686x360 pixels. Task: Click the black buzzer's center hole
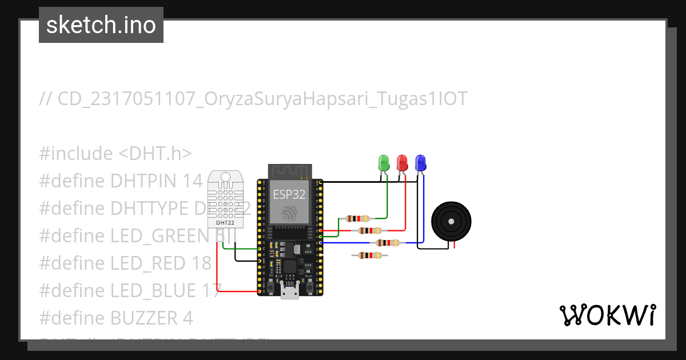click(x=452, y=221)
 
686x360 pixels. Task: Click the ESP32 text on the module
click(x=289, y=194)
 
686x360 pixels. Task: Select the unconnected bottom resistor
click(x=371, y=255)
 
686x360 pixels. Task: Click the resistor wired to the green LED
click(x=358, y=218)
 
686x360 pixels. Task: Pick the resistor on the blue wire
click(x=388, y=243)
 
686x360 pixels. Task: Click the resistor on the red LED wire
click(x=370, y=230)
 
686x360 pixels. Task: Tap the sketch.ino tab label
click(x=101, y=25)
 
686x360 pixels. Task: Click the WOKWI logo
click(x=608, y=315)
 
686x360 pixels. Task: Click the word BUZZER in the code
click(x=137, y=317)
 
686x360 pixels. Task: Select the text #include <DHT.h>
click(x=115, y=154)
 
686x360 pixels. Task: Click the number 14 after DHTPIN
click(x=193, y=181)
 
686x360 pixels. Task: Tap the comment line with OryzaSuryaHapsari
click(x=253, y=99)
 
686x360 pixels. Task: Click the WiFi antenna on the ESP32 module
click(x=289, y=170)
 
